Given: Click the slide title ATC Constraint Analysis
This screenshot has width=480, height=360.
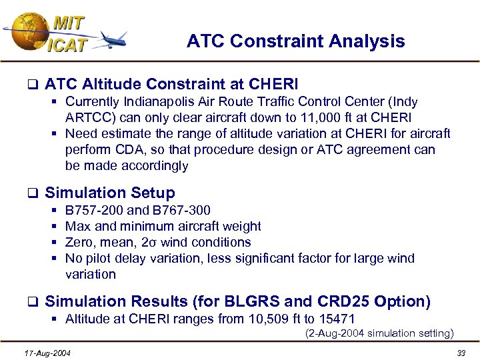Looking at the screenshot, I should point(295,41).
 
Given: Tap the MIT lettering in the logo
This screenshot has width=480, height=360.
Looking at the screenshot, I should point(68,23).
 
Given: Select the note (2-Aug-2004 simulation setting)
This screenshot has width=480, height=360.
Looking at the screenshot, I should point(379,333).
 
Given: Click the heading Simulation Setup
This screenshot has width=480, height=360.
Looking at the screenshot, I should point(109,193).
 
